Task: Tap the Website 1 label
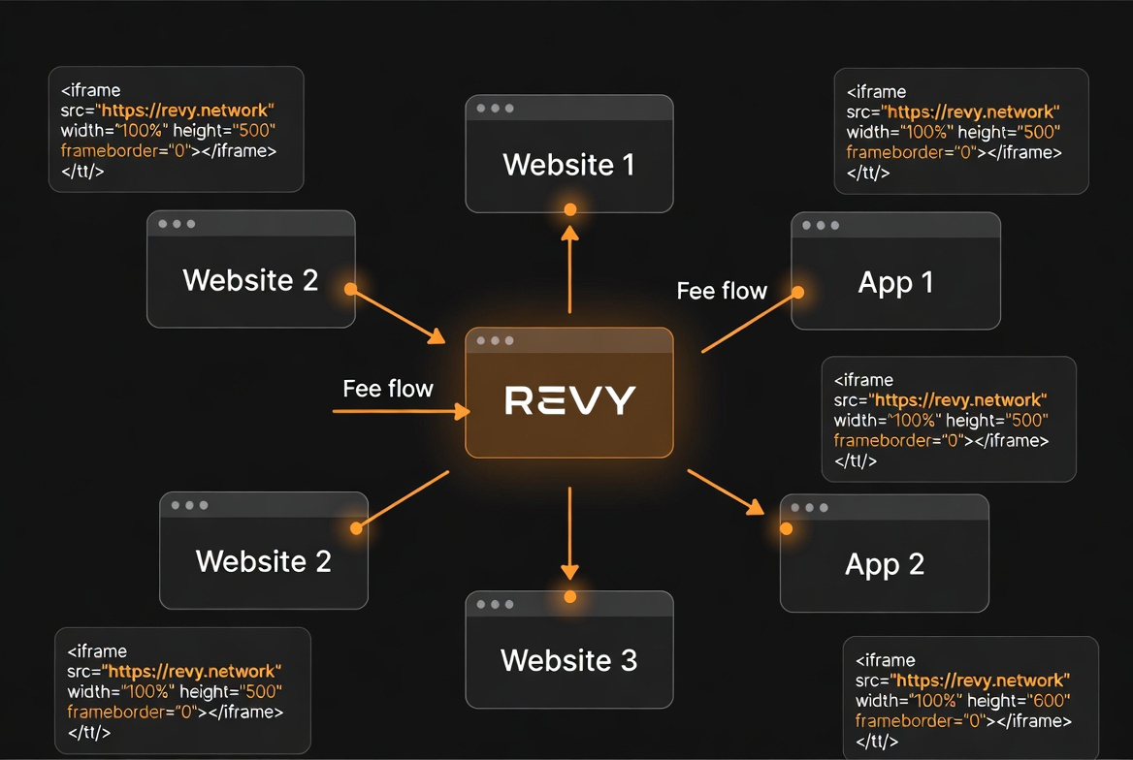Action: pyautogui.click(x=568, y=165)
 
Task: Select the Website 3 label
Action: pyautogui.click(x=568, y=661)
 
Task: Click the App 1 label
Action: pyautogui.click(x=895, y=282)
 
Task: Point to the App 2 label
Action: pyautogui.click(x=884, y=564)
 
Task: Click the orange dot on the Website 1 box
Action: pyautogui.click(x=570, y=209)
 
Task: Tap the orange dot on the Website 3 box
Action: pyautogui.click(x=570, y=596)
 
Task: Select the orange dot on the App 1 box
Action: pyautogui.click(x=797, y=292)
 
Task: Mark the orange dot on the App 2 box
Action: pyautogui.click(x=787, y=529)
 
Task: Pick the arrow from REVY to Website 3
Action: pyautogui.click(x=569, y=533)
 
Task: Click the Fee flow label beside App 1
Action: pyautogui.click(x=722, y=291)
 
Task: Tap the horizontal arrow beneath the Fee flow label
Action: pyautogui.click(x=400, y=412)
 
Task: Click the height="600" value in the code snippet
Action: pyautogui.click(x=1019, y=701)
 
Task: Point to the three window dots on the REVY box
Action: pyautogui.click(x=495, y=341)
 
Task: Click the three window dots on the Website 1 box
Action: pyautogui.click(x=495, y=109)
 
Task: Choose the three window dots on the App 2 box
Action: pyautogui.click(x=809, y=508)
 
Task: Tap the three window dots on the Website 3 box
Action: pyautogui.click(x=495, y=604)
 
